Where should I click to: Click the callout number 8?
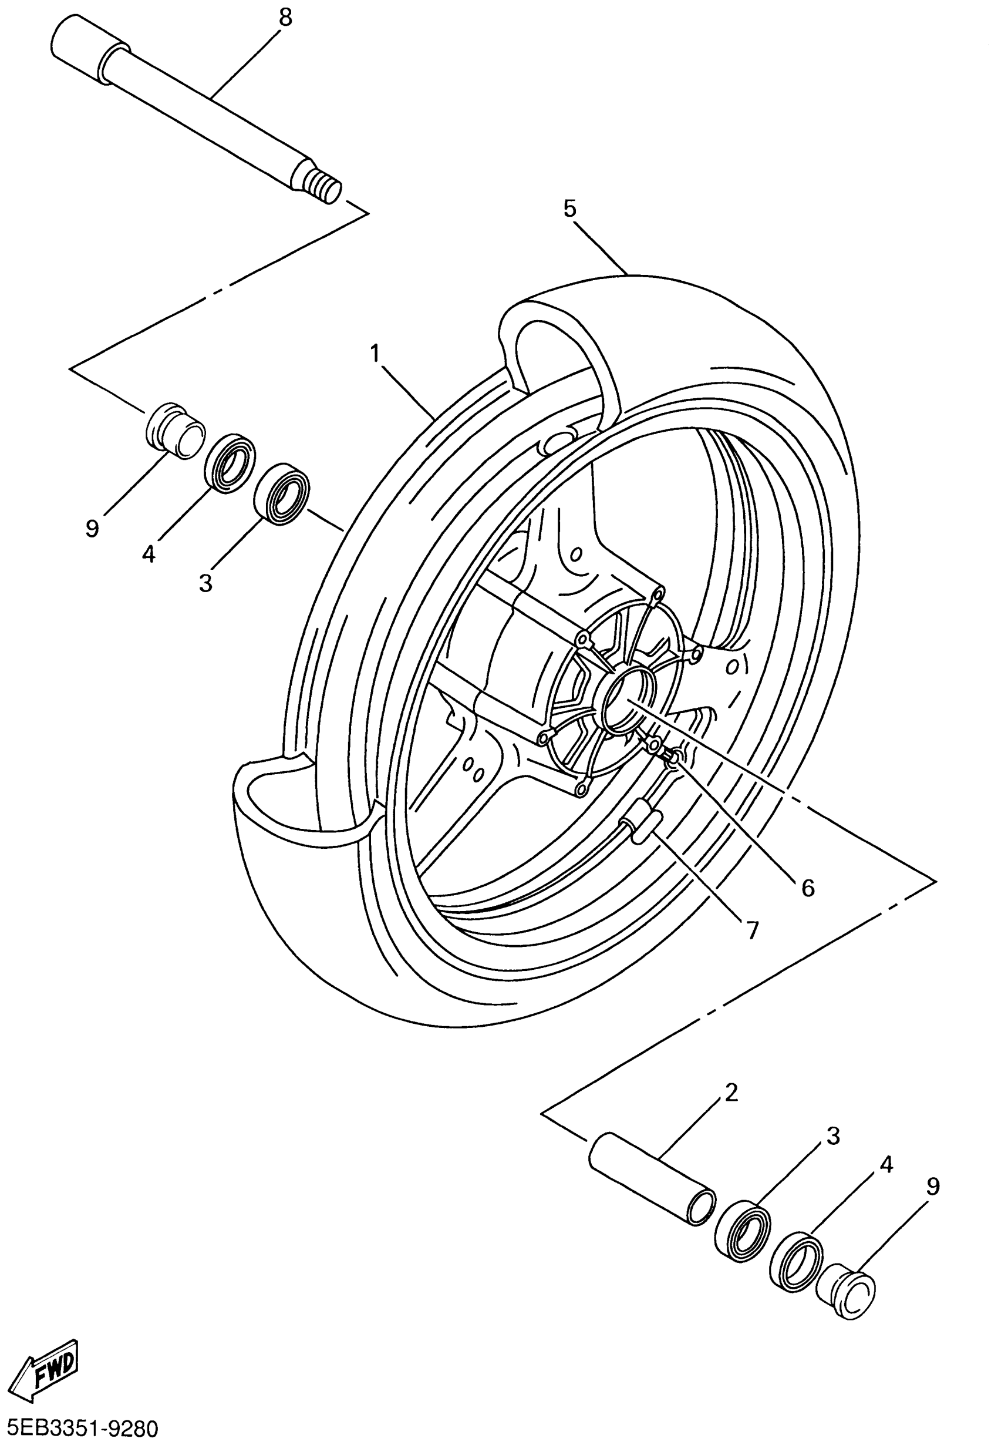pos(285,18)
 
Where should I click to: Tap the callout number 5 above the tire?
pos(569,209)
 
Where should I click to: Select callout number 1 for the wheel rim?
pos(375,354)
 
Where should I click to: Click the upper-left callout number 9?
pos(92,529)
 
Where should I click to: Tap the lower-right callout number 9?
pos(932,1187)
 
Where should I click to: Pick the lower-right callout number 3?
pos(833,1135)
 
